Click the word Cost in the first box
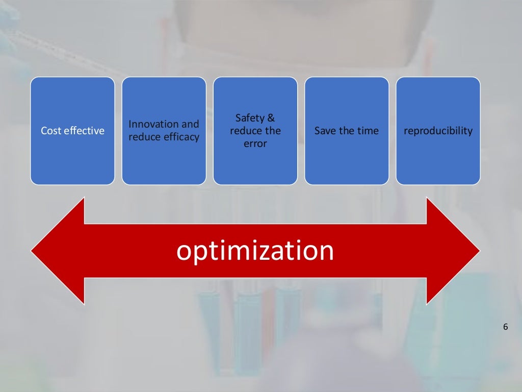pos(51,131)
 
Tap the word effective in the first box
pos(84,131)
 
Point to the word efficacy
pos(182,137)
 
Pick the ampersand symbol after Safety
pos(271,118)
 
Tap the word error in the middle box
pos(255,144)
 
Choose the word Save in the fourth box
pos(325,131)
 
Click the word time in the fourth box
pos(368,131)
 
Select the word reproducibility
pos(438,131)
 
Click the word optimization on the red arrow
pos(255,251)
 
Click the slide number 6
pos(505,327)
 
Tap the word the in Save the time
pos(347,131)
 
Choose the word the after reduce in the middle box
pos(272,131)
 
